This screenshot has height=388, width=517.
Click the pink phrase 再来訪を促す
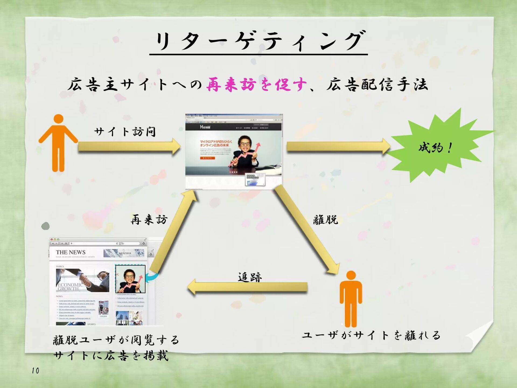(x=256, y=85)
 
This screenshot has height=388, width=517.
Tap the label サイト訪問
(x=125, y=132)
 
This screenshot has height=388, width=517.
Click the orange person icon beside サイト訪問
(x=58, y=143)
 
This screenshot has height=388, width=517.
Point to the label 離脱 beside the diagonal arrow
(x=325, y=220)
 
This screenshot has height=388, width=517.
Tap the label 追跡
(x=250, y=277)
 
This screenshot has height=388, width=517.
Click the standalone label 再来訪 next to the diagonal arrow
(x=149, y=220)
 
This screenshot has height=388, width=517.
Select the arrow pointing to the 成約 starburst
(x=338, y=147)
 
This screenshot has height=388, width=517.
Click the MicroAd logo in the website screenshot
(x=205, y=127)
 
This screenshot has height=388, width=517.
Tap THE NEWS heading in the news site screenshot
(x=71, y=252)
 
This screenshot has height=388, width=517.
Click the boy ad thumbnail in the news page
(x=130, y=279)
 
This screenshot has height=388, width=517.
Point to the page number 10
(x=35, y=371)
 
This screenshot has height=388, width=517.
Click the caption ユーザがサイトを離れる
(x=371, y=335)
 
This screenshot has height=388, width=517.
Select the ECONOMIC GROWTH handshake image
(x=82, y=280)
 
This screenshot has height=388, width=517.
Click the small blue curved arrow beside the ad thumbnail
(x=152, y=277)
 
